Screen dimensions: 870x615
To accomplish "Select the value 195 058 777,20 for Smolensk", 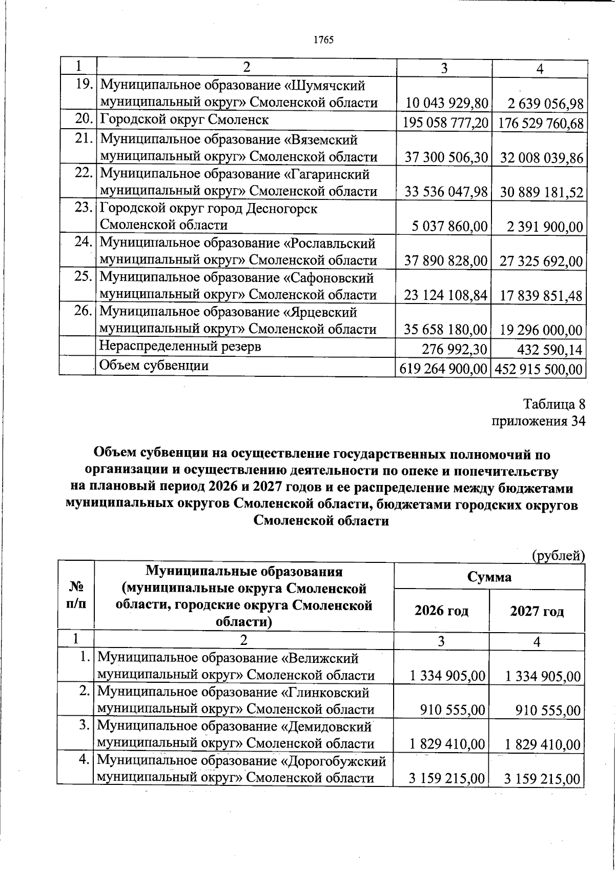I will (445, 124).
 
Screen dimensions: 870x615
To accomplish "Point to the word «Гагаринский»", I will (326, 174).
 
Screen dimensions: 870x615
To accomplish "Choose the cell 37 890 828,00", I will (445, 261).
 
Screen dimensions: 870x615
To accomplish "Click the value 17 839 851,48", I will (542, 296).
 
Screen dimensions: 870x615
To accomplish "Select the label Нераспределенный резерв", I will (180, 346).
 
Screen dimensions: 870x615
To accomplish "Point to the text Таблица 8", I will (553, 404).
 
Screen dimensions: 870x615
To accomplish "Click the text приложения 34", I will (538, 421).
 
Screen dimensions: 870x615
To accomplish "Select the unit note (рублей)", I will (558, 555).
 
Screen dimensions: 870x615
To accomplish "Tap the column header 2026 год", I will (441, 611).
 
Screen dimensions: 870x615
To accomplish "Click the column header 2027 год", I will (537, 611).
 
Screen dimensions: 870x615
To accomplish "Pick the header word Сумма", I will (489, 577).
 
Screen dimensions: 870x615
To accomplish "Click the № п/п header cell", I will (76, 595).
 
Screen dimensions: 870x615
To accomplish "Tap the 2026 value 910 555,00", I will (452, 711).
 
